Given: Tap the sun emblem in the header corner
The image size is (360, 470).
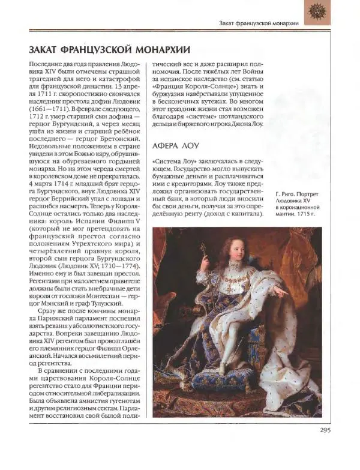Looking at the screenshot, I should point(317,13).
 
